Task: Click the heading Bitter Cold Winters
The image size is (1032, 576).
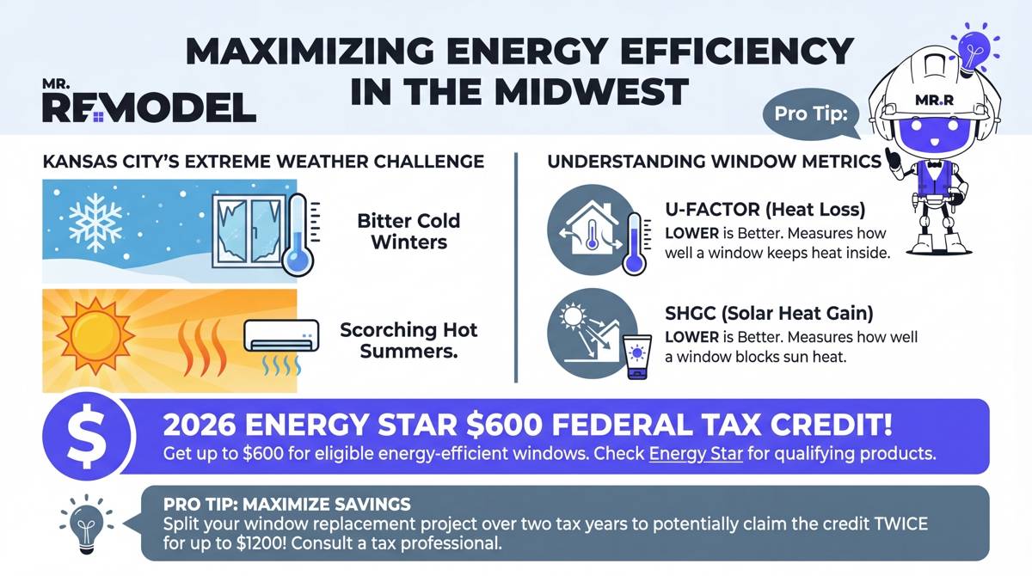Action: [408, 231]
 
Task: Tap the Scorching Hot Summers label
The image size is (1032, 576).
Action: [408, 340]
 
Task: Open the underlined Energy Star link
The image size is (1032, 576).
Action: [696, 454]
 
